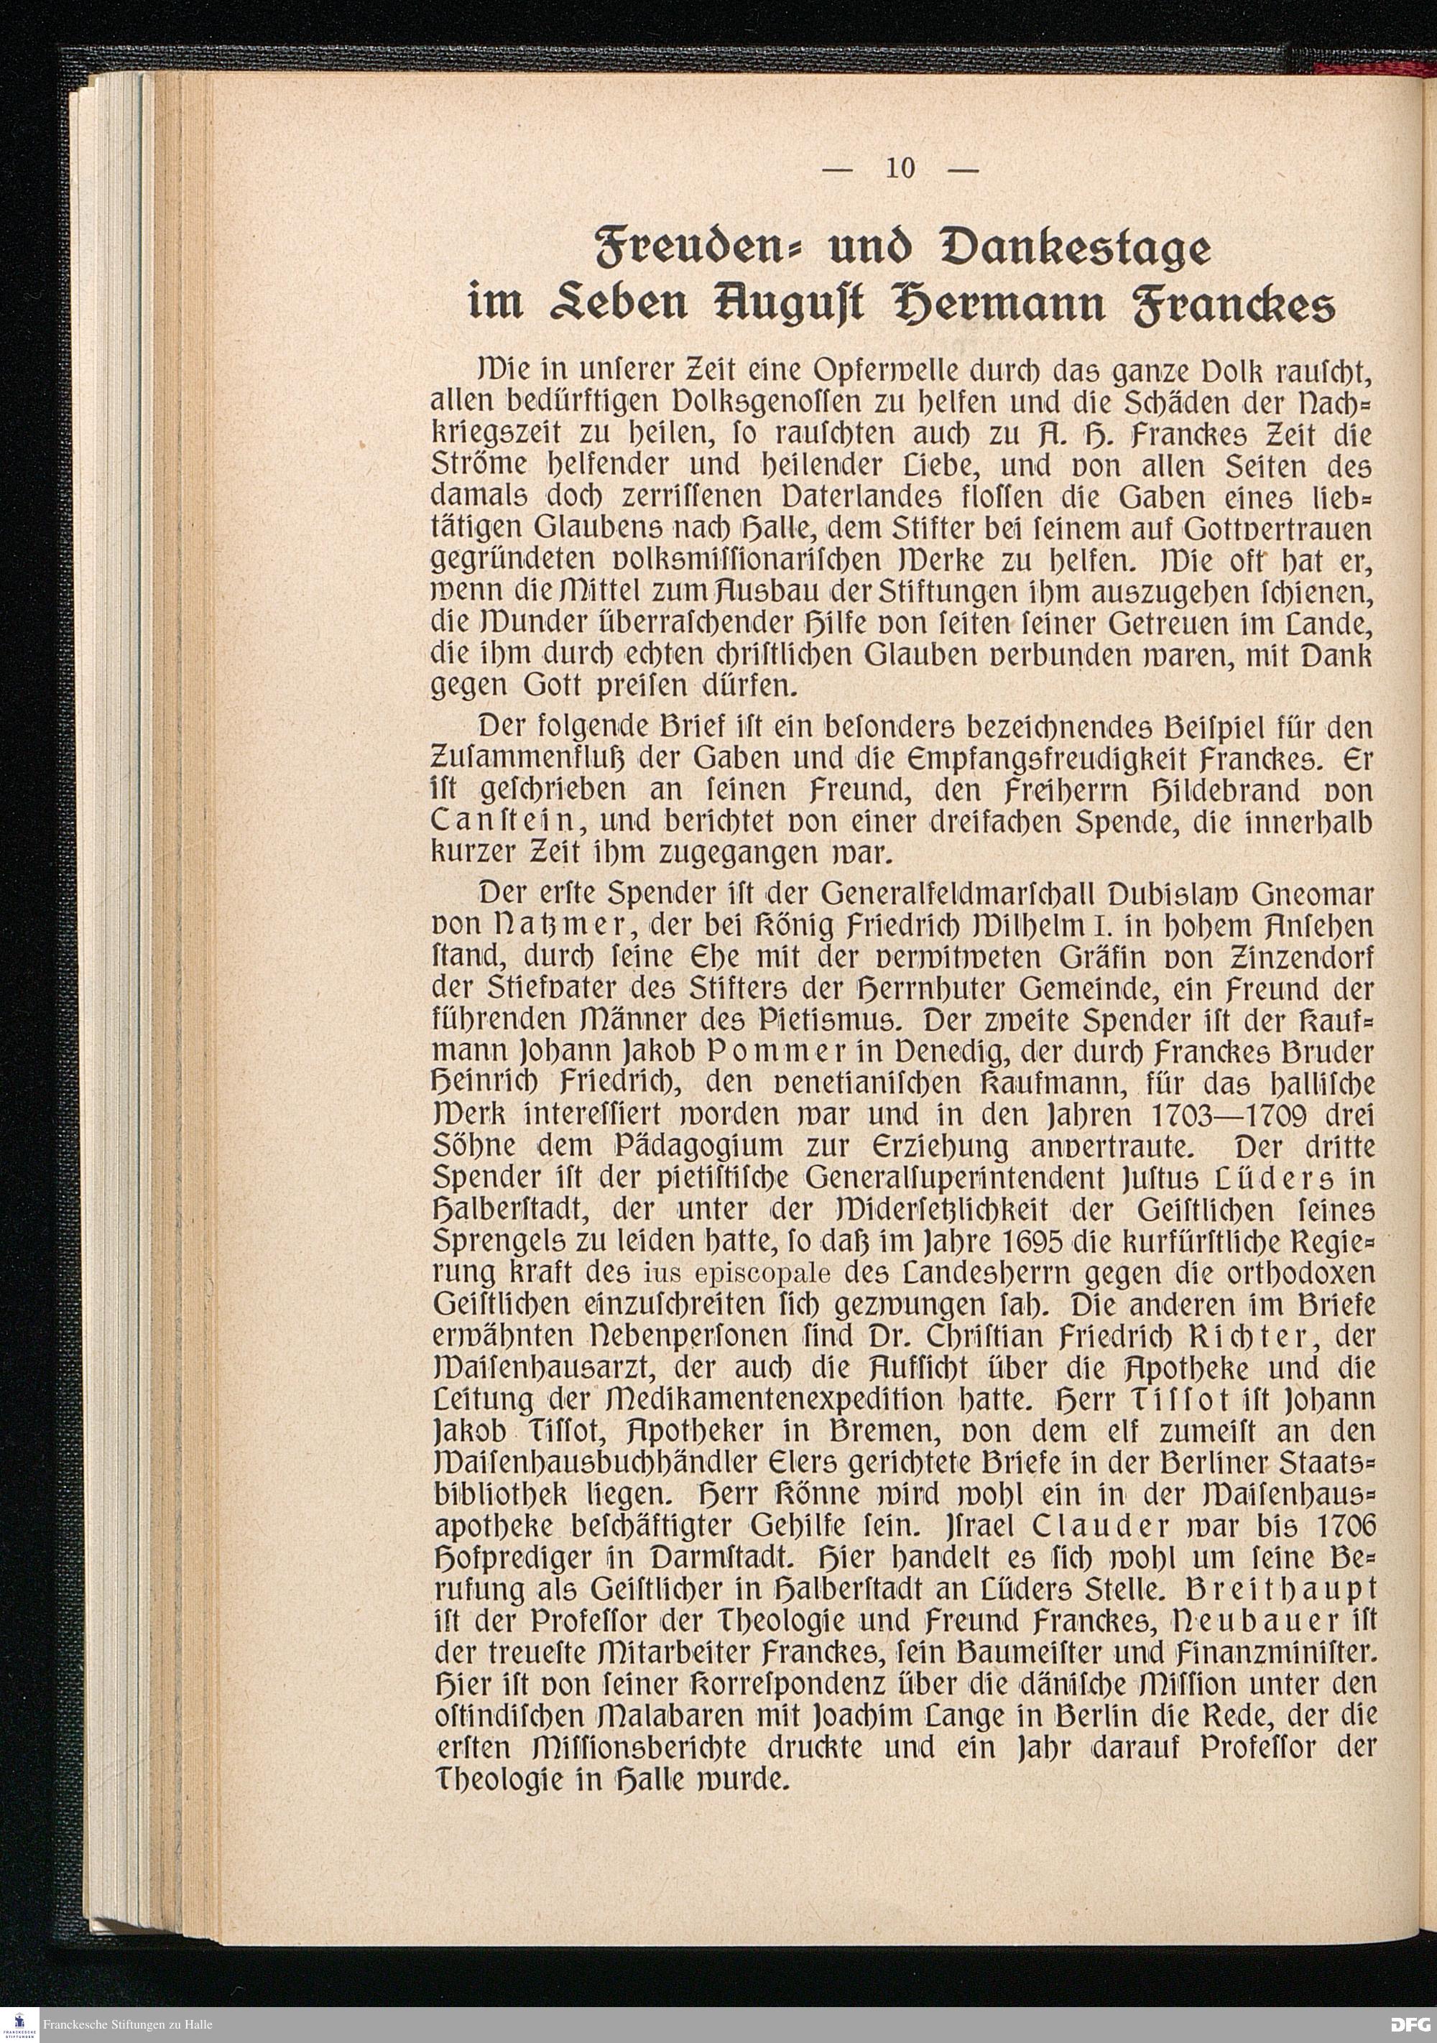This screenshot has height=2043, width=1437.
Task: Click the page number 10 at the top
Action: click(x=900, y=169)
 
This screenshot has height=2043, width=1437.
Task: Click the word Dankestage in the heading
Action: click(x=1064, y=249)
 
